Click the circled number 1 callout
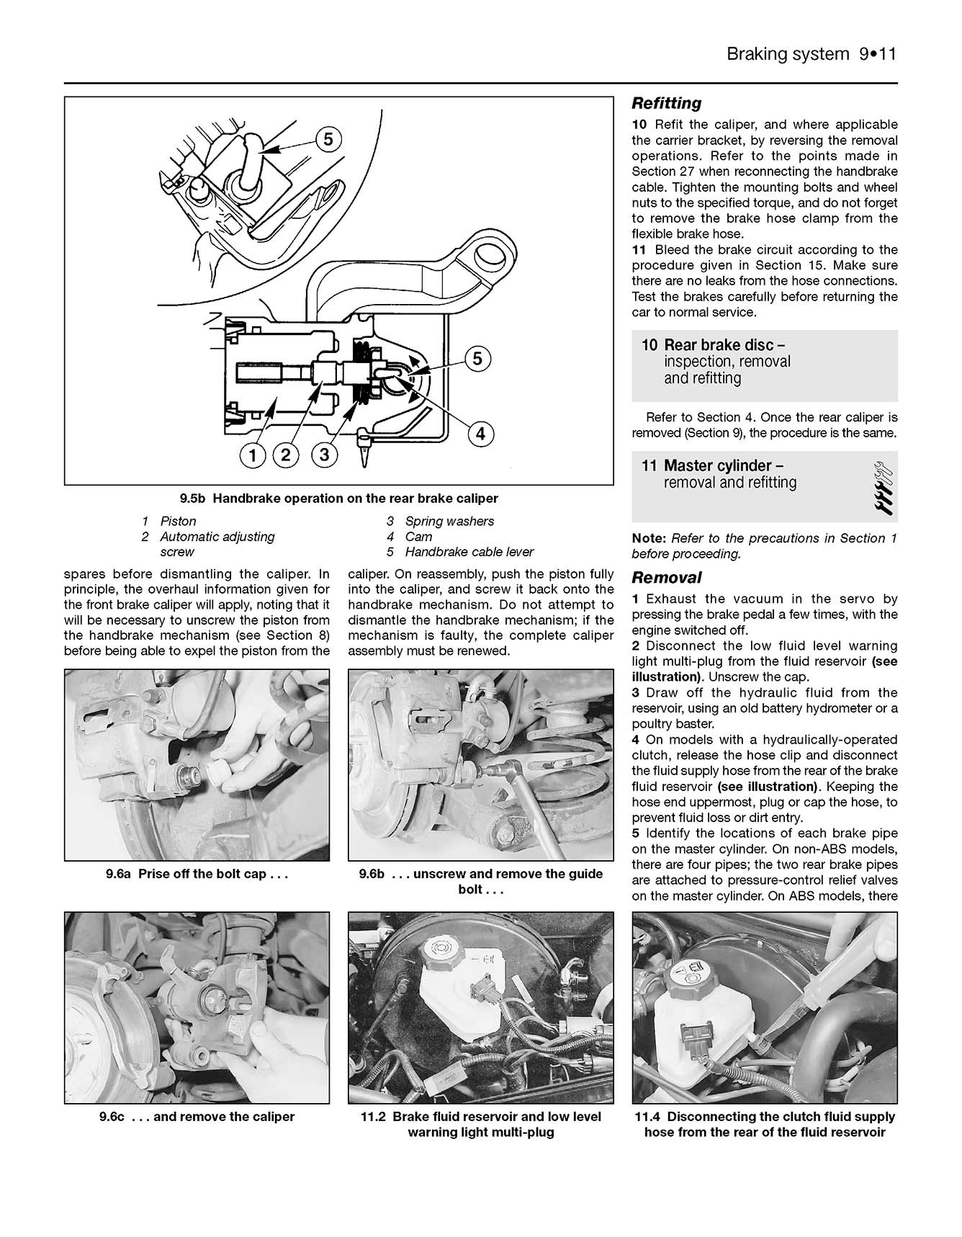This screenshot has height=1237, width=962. pos(253,455)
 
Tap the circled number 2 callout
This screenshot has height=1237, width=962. pos(286,455)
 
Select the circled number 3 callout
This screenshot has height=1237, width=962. pos(325,455)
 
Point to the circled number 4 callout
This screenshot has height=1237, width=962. pos(481,434)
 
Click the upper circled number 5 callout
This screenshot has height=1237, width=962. pos(328,139)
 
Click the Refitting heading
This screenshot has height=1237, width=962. pos(666,103)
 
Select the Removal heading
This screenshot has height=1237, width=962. pos(666,578)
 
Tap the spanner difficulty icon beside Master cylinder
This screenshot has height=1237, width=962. pos(884,488)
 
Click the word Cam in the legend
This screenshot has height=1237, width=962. pos(418,537)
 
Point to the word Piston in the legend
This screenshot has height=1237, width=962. pos(178,521)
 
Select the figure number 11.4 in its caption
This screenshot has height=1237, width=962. pos(649,1117)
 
